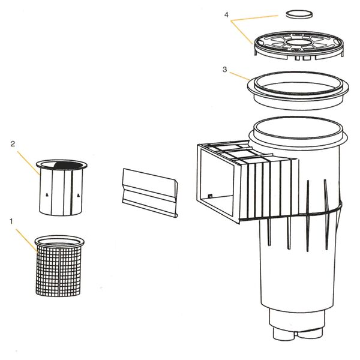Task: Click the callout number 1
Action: point(11,221)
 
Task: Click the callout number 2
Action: point(13,144)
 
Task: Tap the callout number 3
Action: point(225,70)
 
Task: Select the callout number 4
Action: point(226,15)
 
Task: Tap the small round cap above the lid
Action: point(299,14)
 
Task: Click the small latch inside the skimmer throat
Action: point(210,196)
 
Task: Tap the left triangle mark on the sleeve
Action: point(47,195)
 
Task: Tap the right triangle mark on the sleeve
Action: point(78,195)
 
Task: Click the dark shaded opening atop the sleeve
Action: point(68,165)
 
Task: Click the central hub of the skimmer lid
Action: point(298,41)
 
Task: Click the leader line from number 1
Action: point(26,241)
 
